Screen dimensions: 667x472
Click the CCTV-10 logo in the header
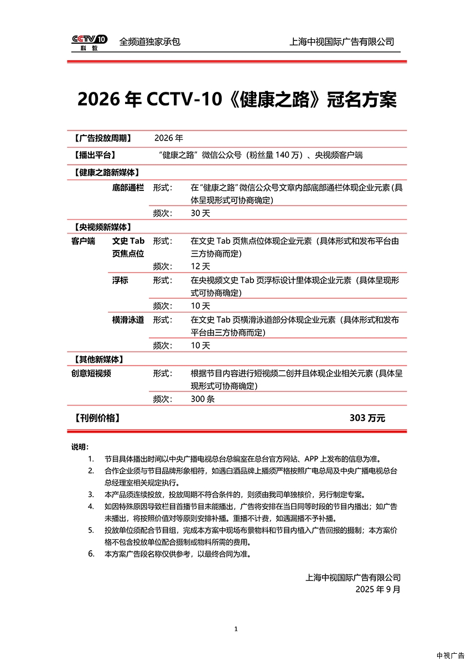click(89, 42)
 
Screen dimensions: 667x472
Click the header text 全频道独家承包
click(150, 41)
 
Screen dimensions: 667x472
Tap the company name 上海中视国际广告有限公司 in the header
click(341, 41)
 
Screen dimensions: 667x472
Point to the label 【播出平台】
click(94, 155)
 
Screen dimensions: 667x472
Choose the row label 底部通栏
click(128, 188)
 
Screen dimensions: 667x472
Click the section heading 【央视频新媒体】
click(102, 227)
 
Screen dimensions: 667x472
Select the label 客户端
click(83, 241)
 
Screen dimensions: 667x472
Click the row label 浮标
click(120, 280)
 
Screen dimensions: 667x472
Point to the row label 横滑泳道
click(128, 320)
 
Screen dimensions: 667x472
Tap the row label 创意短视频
click(91, 373)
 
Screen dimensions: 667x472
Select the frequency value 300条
click(203, 399)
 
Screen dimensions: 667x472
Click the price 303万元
click(367, 418)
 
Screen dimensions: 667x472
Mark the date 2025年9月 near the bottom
click(378, 590)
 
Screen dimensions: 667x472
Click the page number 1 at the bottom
click(236, 629)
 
